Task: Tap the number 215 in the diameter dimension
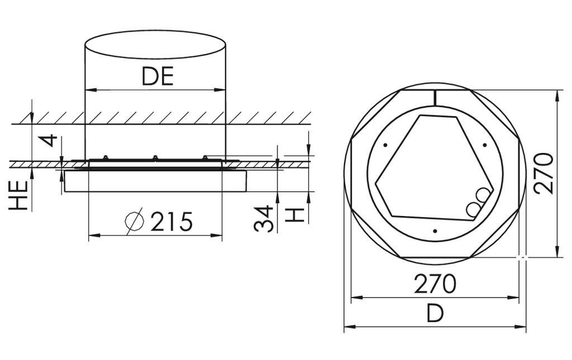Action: [x=171, y=222]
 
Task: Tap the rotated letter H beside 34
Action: [x=295, y=213]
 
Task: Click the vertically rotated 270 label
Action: [x=542, y=173]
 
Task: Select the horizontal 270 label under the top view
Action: [x=435, y=285]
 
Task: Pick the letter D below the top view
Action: [x=435, y=314]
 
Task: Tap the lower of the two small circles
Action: [x=474, y=209]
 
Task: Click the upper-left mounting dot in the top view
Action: [x=385, y=146]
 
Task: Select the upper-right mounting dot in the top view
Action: [x=484, y=146]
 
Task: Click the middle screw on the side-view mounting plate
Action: [x=155, y=158]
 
